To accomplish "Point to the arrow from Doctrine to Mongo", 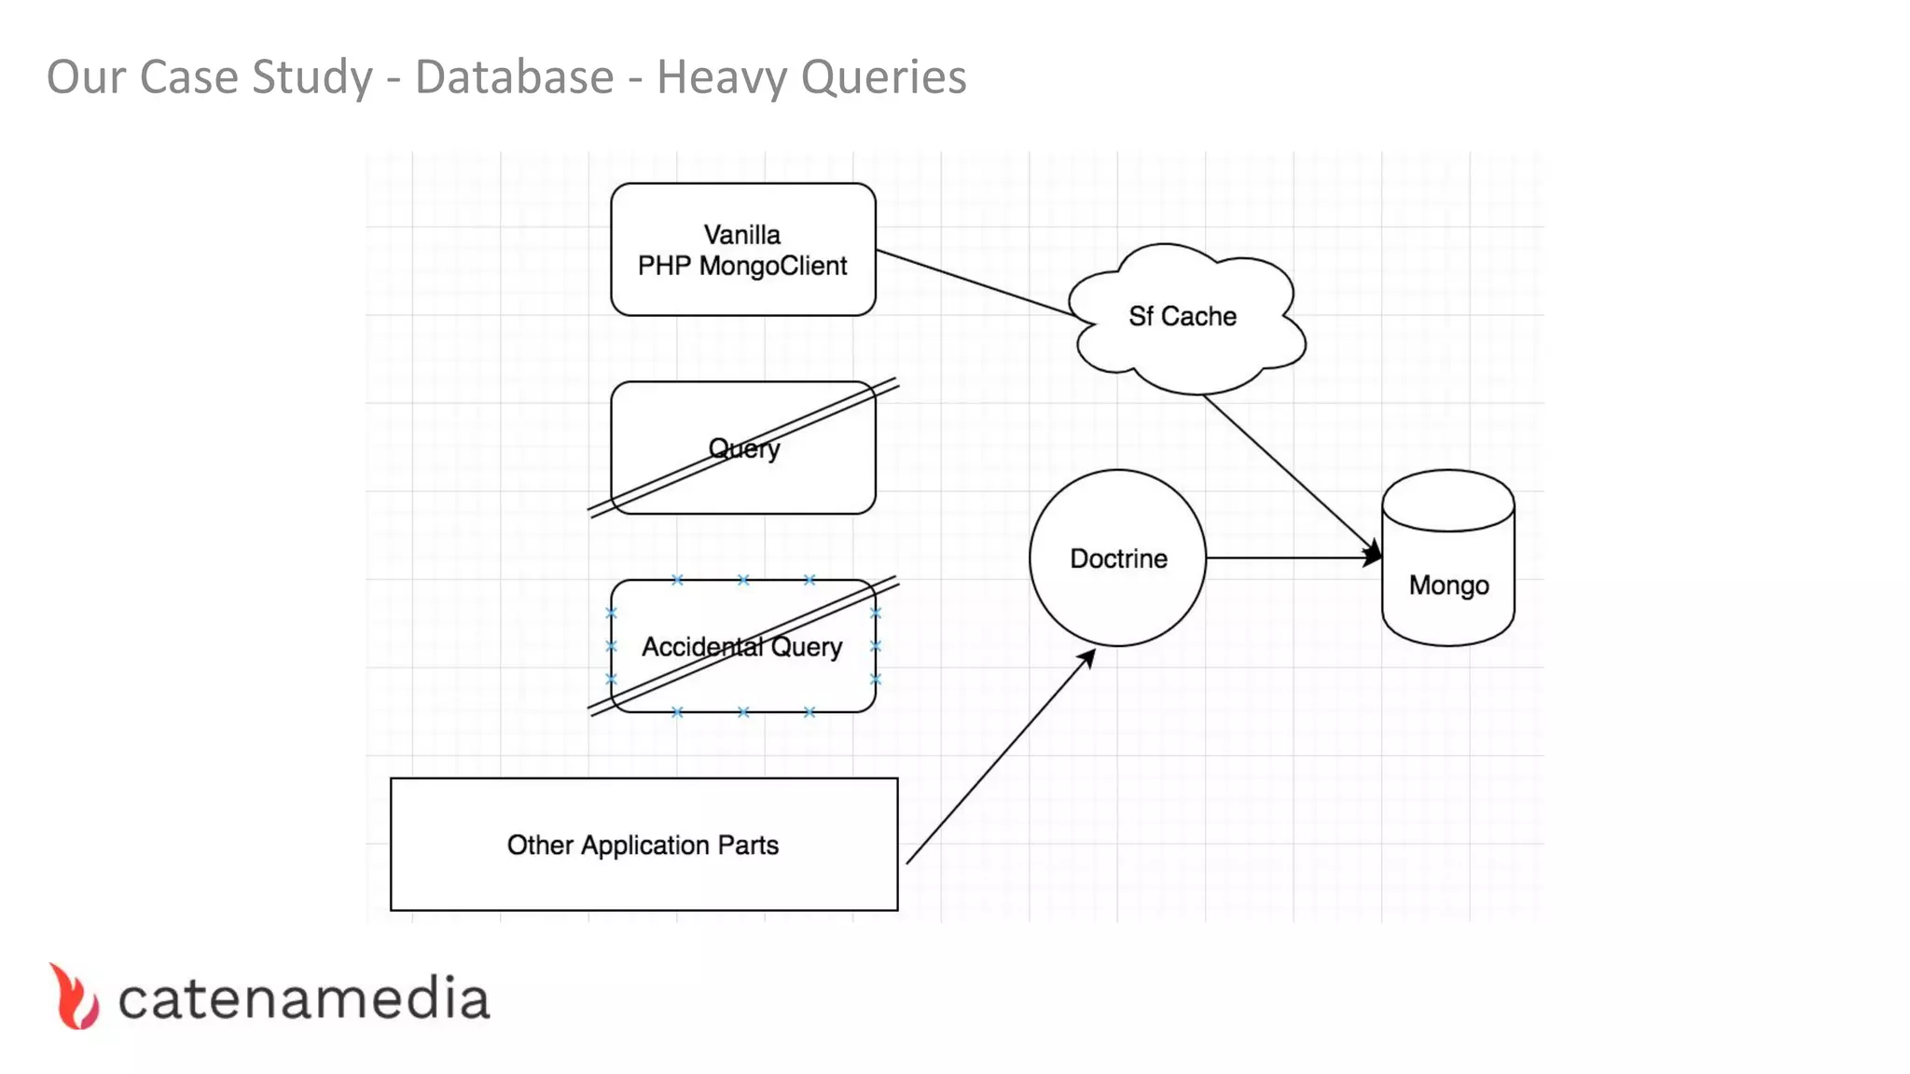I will click(1292, 558).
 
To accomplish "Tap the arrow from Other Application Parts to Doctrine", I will click(998, 757).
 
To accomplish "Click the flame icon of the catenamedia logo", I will click(75, 998).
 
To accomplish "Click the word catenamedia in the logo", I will click(303, 999).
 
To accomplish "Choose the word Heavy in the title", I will click(721, 78).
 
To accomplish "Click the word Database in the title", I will click(514, 76).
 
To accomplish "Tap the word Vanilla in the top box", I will click(741, 234).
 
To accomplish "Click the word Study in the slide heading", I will click(312, 78).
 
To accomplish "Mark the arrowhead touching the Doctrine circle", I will click(1086, 659).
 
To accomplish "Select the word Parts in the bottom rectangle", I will click(748, 845).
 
